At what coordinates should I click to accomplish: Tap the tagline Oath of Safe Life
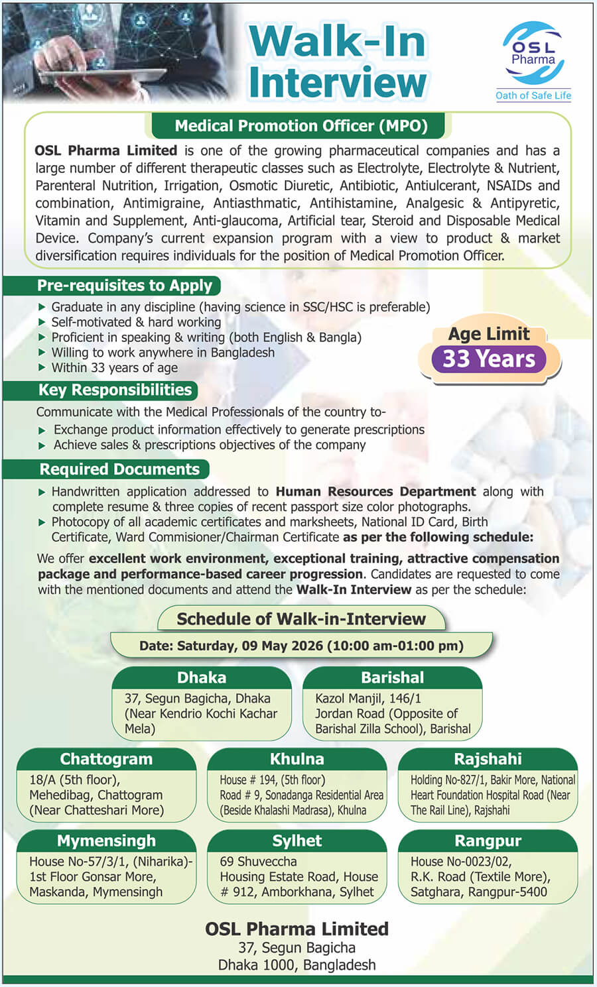533,95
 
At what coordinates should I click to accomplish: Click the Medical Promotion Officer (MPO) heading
301,126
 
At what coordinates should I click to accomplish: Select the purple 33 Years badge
489,359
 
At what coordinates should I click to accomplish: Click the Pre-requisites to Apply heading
125,286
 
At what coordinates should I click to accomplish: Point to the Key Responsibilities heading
115,390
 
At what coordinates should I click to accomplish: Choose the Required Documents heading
119,469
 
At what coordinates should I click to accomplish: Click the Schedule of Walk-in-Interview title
301,619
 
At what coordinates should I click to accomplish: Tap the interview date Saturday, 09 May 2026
301,646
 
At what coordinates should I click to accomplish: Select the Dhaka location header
202,677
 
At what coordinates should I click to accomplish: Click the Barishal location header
393,677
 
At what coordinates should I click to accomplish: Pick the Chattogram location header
106,759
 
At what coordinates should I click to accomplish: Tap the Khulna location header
297,759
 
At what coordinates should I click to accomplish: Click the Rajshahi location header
488,759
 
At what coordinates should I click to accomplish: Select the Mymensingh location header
106,841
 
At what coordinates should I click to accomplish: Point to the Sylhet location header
297,841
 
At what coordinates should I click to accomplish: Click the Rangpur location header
488,841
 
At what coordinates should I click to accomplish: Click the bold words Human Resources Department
375,492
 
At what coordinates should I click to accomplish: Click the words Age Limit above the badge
489,334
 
